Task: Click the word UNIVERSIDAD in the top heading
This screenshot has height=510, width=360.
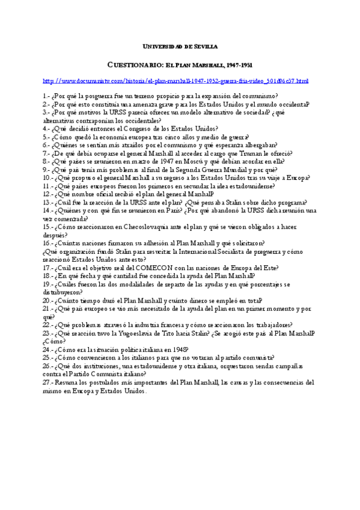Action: [x=162, y=46]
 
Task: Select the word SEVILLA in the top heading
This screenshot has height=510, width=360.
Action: [x=204, y=46]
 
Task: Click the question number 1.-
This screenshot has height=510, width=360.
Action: [x=46, y=96]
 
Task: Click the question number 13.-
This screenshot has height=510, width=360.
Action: [x=48, y=203]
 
